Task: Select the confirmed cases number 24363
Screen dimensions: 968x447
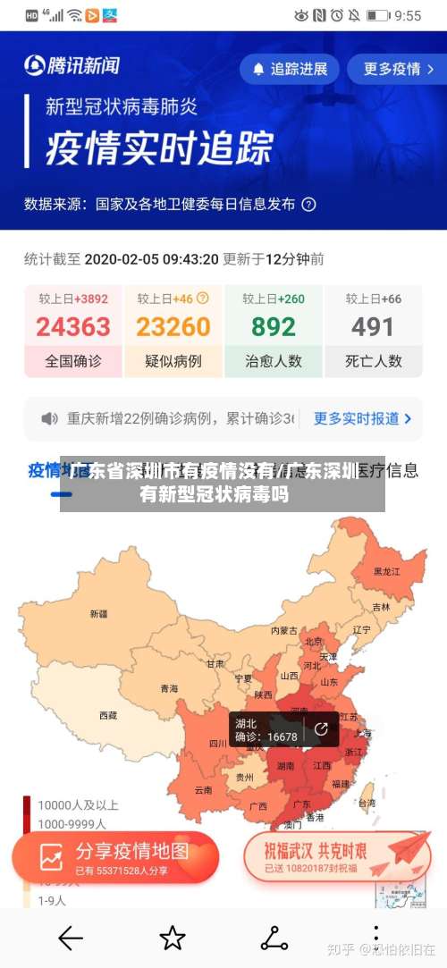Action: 73,327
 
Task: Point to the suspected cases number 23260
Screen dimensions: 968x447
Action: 173,327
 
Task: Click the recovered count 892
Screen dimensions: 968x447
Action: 273,327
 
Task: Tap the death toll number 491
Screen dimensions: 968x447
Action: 373,327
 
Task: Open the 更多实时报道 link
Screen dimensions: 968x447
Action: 362,418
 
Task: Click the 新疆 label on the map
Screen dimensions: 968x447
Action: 98,614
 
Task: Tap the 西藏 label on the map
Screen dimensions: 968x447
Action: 108,715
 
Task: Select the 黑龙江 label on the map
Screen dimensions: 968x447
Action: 387,570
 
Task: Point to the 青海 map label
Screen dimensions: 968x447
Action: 169,688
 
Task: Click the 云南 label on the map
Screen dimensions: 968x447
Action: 204,790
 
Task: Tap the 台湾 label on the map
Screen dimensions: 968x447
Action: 367,804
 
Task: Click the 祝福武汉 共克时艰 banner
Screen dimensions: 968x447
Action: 335,857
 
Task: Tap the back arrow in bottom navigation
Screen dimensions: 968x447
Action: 70,938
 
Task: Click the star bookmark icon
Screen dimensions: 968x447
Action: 172,938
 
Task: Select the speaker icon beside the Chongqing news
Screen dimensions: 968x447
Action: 50,418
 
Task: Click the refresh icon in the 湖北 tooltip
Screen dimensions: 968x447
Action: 321,728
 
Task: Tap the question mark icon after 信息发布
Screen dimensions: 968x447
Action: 308,204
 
